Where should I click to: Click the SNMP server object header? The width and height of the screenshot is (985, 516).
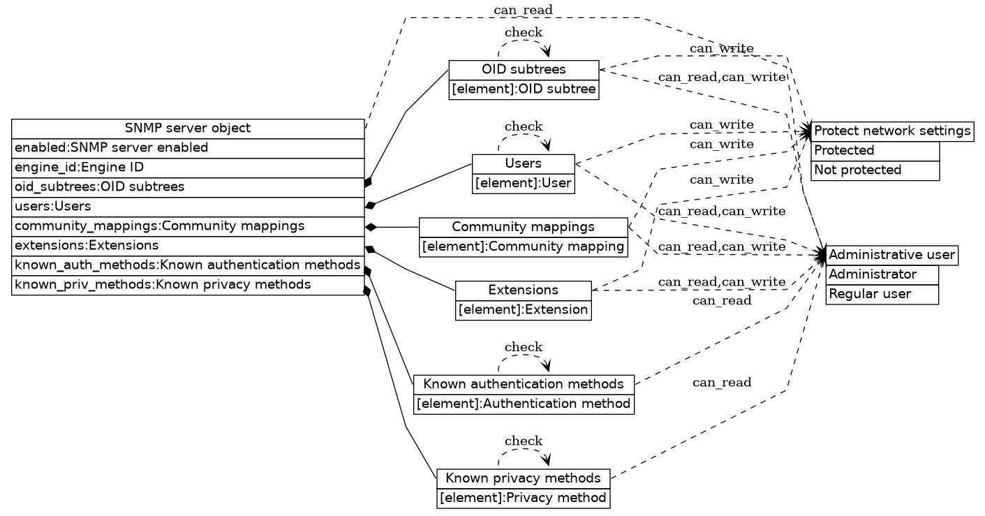188,128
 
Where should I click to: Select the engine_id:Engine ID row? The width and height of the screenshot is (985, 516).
188,168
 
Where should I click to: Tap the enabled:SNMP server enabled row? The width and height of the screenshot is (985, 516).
188,148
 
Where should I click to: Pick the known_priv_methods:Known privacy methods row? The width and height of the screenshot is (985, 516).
188,285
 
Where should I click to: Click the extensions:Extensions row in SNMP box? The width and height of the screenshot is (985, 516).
188,246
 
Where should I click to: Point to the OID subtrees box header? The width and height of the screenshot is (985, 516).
524,70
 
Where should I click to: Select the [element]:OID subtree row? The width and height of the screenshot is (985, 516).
524,89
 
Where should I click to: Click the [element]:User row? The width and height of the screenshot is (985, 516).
524,184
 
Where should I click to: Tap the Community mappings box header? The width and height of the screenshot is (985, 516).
523,227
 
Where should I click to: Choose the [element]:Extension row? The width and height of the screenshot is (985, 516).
524,309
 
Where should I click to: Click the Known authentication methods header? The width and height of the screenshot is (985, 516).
524,384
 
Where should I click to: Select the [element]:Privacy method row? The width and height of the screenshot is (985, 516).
524,498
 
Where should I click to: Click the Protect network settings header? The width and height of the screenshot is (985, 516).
892,131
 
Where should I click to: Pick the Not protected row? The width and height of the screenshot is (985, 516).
875,170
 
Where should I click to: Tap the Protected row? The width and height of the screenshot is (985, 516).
875,151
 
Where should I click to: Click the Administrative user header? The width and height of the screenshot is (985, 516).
891,255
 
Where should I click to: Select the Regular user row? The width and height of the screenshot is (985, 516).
882,294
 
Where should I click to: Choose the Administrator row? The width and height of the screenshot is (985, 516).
882,274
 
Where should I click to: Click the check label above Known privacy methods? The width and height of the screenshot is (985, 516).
523,441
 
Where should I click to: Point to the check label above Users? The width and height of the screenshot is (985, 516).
523,126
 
